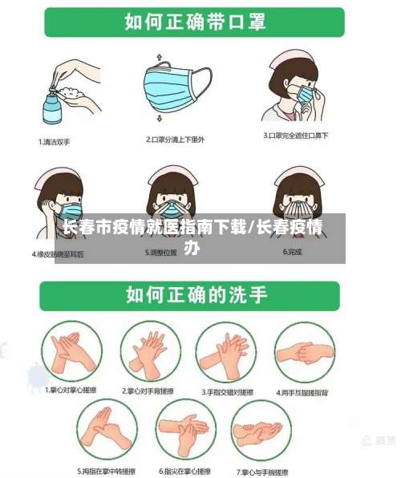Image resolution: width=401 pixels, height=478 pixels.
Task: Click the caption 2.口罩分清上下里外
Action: coord(175,140)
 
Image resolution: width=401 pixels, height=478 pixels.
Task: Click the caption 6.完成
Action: coord(293,252)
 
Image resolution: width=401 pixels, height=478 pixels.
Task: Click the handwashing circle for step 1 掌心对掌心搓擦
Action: coord(71,353)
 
